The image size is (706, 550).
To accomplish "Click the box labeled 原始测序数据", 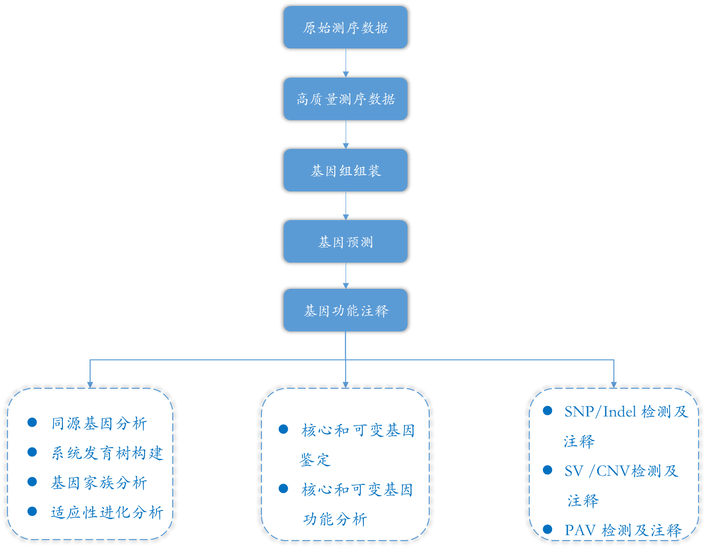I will pyautogui.click(x=345, y=27).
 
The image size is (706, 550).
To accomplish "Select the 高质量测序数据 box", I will pyautogui.click(x=345, y=99).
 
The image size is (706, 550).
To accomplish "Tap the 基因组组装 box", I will pyautogui.click(x=345, y=171).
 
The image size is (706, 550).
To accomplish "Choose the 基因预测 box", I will pyautogui.click(x=345, y=241).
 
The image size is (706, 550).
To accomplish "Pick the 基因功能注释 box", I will pyautogui.click(x=345, y=310).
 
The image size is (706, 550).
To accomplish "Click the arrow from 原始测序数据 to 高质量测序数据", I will pyautogui.click(x=346, y=63).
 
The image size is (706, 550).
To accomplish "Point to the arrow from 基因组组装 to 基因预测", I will pyautogui.click(x=346, y=206).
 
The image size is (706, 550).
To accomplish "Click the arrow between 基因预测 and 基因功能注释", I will pyautogui.click(x=346, y=276).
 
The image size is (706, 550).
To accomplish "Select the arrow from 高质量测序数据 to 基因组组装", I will pyautogui.click(x=346, y=135).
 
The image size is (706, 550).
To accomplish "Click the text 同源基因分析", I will pyautogui.click(x=99, y=423).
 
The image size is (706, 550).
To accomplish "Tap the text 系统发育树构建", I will pyautogui.click(x=107, y=453).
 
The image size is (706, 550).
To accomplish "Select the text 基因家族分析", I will pyautogui.click(x=99, y=483).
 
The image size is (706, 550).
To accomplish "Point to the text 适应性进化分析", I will pyautogui.click(x=107, y=512).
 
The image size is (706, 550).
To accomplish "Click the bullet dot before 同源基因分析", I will pyautogui.click(x=32, y=422).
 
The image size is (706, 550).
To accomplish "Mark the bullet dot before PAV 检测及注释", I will pyautogui.click(x=547, y=529).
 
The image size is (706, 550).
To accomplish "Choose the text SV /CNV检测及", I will pyautogui.click(x=621, y=471).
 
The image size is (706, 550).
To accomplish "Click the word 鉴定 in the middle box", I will pyautogui.click(x=315, y=460).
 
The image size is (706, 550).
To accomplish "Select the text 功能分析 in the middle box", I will pyautogui.click(x=335, y=519).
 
